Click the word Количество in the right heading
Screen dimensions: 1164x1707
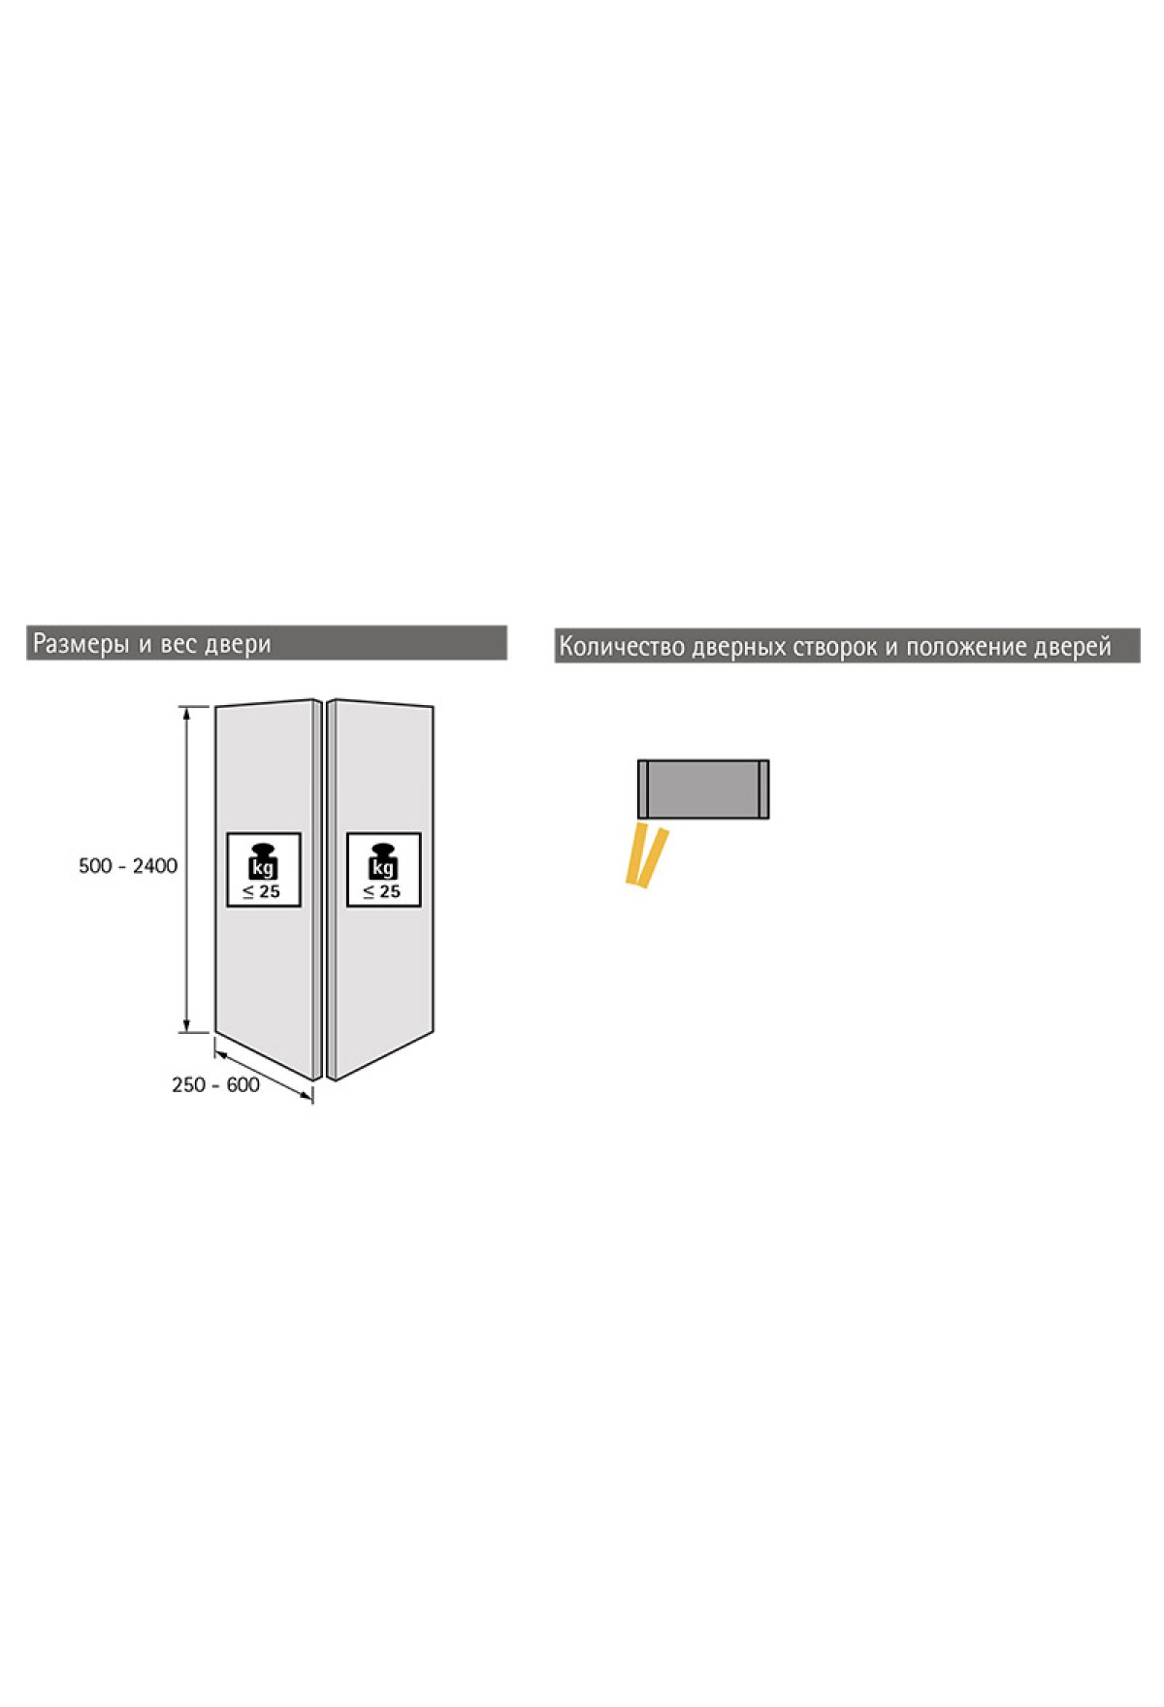pyautogui.click(x=622, y=647)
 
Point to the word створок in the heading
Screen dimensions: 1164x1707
pyautogui.click(x=835, y=648)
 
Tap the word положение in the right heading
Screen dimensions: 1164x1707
pyautogui.click(x=964, y=648)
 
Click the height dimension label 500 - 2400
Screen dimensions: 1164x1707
pyautogui.click(x=128, y=866)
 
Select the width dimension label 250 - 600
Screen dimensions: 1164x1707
pyautogui.click(x=215, y=1085)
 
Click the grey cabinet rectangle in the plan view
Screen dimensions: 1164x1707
pyautogui.click(x=703, y=789)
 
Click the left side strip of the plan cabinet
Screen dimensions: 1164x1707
pyautogui.click(x=643, y=789)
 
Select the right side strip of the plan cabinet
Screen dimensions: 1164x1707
pyautogui.click(x=763, y=789)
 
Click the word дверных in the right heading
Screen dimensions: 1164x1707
pyautogui.click(x=739, y=648)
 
